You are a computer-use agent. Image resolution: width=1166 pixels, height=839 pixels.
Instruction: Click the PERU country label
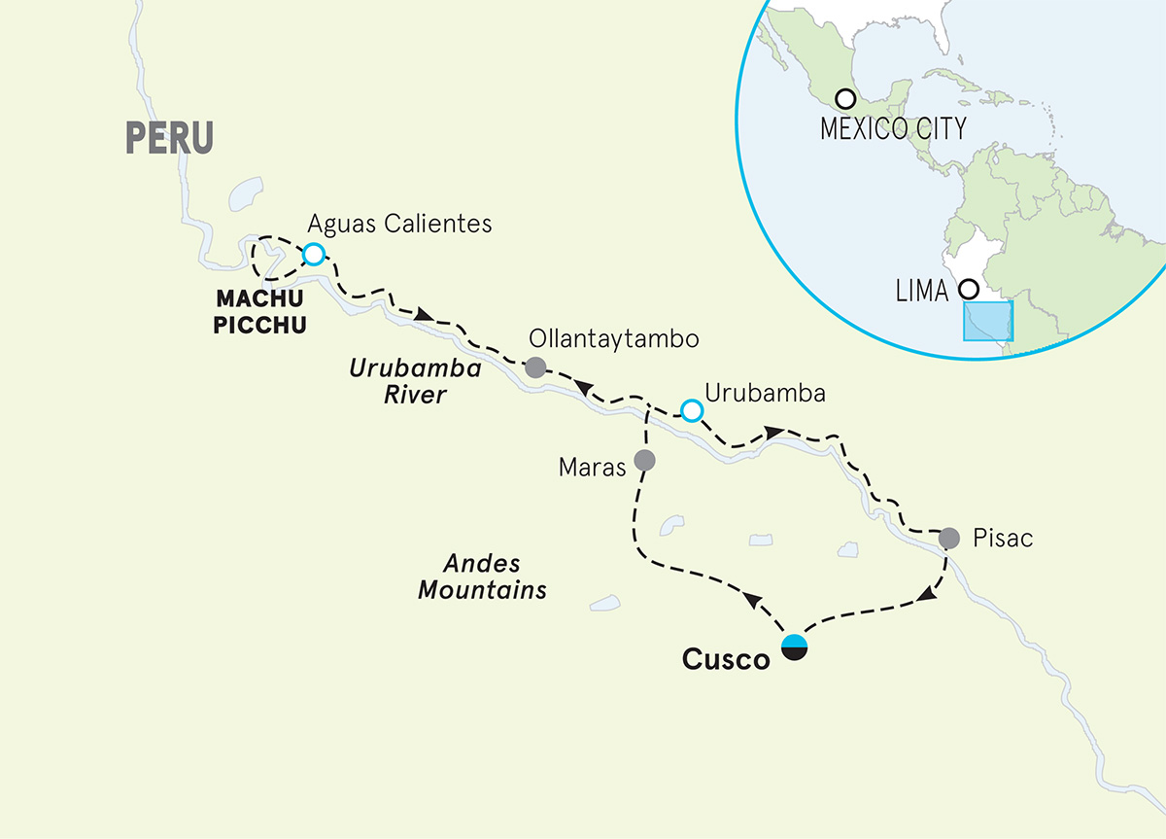(x=169, y=138)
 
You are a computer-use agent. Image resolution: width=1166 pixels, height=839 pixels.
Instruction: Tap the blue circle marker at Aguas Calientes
(x=313, y=255)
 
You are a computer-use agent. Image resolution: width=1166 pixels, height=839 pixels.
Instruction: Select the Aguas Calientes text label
(x=398, y=225)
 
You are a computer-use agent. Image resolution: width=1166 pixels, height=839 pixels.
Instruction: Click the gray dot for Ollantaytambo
(x=534, y=368)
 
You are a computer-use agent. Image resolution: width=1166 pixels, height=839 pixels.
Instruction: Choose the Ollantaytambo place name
(x=613, y=339)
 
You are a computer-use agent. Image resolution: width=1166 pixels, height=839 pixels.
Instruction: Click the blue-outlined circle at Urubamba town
(x=691, y=411)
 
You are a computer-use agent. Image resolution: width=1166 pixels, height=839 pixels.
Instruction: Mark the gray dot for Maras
(x=643, y=459)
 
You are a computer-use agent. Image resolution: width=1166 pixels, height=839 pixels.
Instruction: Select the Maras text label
(x=592, y=468)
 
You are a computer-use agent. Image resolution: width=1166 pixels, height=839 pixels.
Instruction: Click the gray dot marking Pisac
(x=949, y=537)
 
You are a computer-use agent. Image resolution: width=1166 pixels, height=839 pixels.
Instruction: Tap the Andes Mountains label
(x=483, y=577)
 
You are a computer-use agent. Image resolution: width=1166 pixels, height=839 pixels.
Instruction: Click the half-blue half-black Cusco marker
(x=795, y=647)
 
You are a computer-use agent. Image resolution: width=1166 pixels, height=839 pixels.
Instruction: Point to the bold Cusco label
(x=726, y=658)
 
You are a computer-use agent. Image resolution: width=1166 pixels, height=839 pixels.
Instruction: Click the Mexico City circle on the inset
(x=845, y=98)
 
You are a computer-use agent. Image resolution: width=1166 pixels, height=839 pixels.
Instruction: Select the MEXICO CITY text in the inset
(x=894, y=128)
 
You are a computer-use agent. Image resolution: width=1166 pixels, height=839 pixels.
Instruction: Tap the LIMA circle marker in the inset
(x=967, y=289)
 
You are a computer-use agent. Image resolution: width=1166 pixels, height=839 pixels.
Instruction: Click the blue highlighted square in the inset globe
(x=988, y=321)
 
